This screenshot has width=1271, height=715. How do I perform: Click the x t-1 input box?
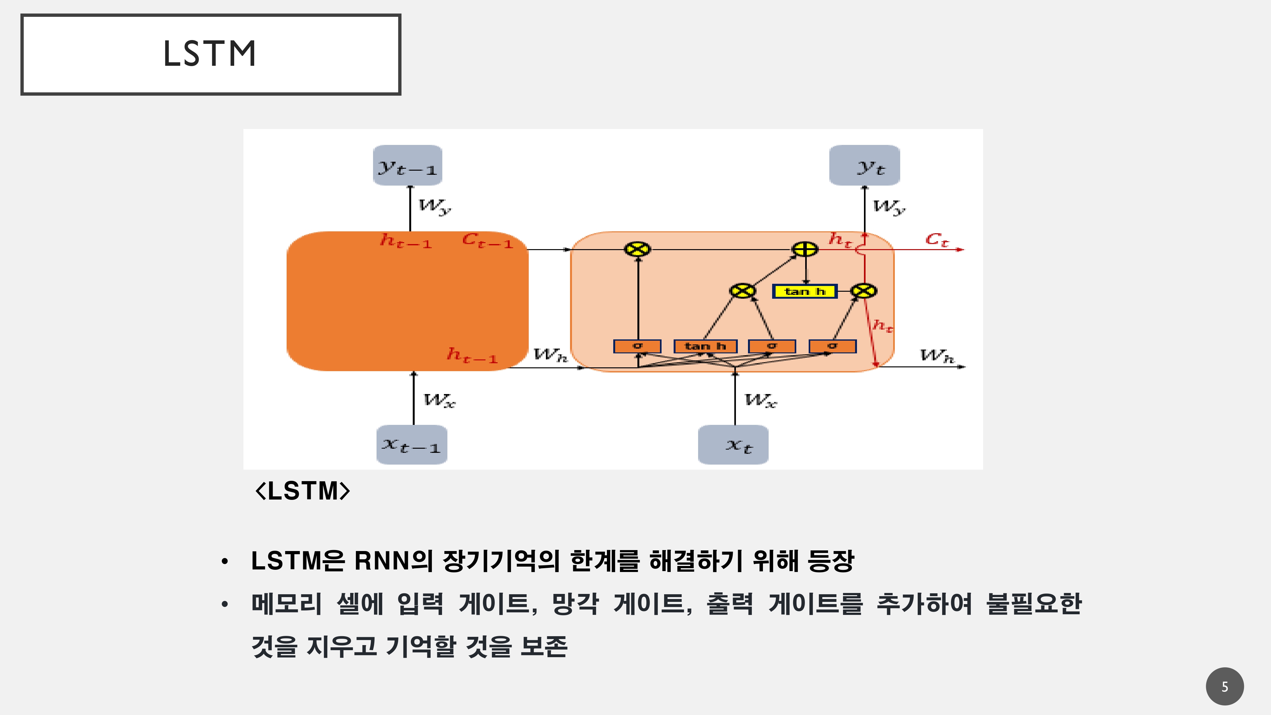click(x=411, y=445)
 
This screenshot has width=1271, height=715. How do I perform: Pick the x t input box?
click(x=733, y=445)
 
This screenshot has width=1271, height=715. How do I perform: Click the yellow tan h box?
click(x=805, y=292)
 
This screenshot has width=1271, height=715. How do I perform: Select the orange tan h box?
click(x=705, y=346)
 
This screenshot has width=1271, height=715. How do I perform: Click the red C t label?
click(x=936, y=240)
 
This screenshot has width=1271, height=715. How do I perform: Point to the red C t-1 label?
click(x=487, y=241)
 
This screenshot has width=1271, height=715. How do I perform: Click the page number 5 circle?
click(x=1225, y=686)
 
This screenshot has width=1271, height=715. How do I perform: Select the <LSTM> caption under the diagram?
click(x=302, y=491)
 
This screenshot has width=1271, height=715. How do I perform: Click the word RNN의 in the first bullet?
click(x=393, y=561)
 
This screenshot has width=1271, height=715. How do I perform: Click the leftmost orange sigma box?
click(x=637, y=346)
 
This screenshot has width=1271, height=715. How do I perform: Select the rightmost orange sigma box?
click(x=833, y=346)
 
